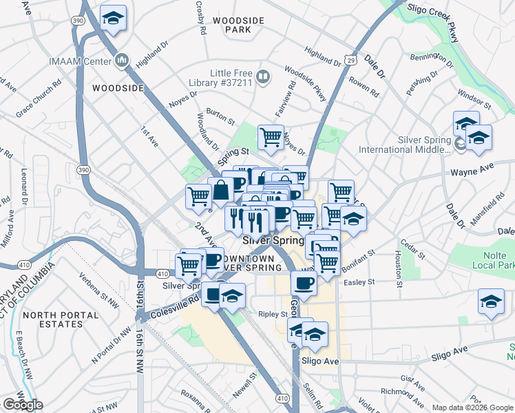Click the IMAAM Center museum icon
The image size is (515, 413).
click(x=123, y=61)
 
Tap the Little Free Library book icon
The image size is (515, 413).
click(x=262, y=76)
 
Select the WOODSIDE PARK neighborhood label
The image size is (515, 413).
click(x=238, y=25)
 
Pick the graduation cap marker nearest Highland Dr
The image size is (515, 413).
click(x=113, y=17)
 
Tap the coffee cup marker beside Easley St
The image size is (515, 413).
click(x=303, y=282)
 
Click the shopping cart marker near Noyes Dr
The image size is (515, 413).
click(x=271, y=137)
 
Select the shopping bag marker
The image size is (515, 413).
click(x=222, y=190)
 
